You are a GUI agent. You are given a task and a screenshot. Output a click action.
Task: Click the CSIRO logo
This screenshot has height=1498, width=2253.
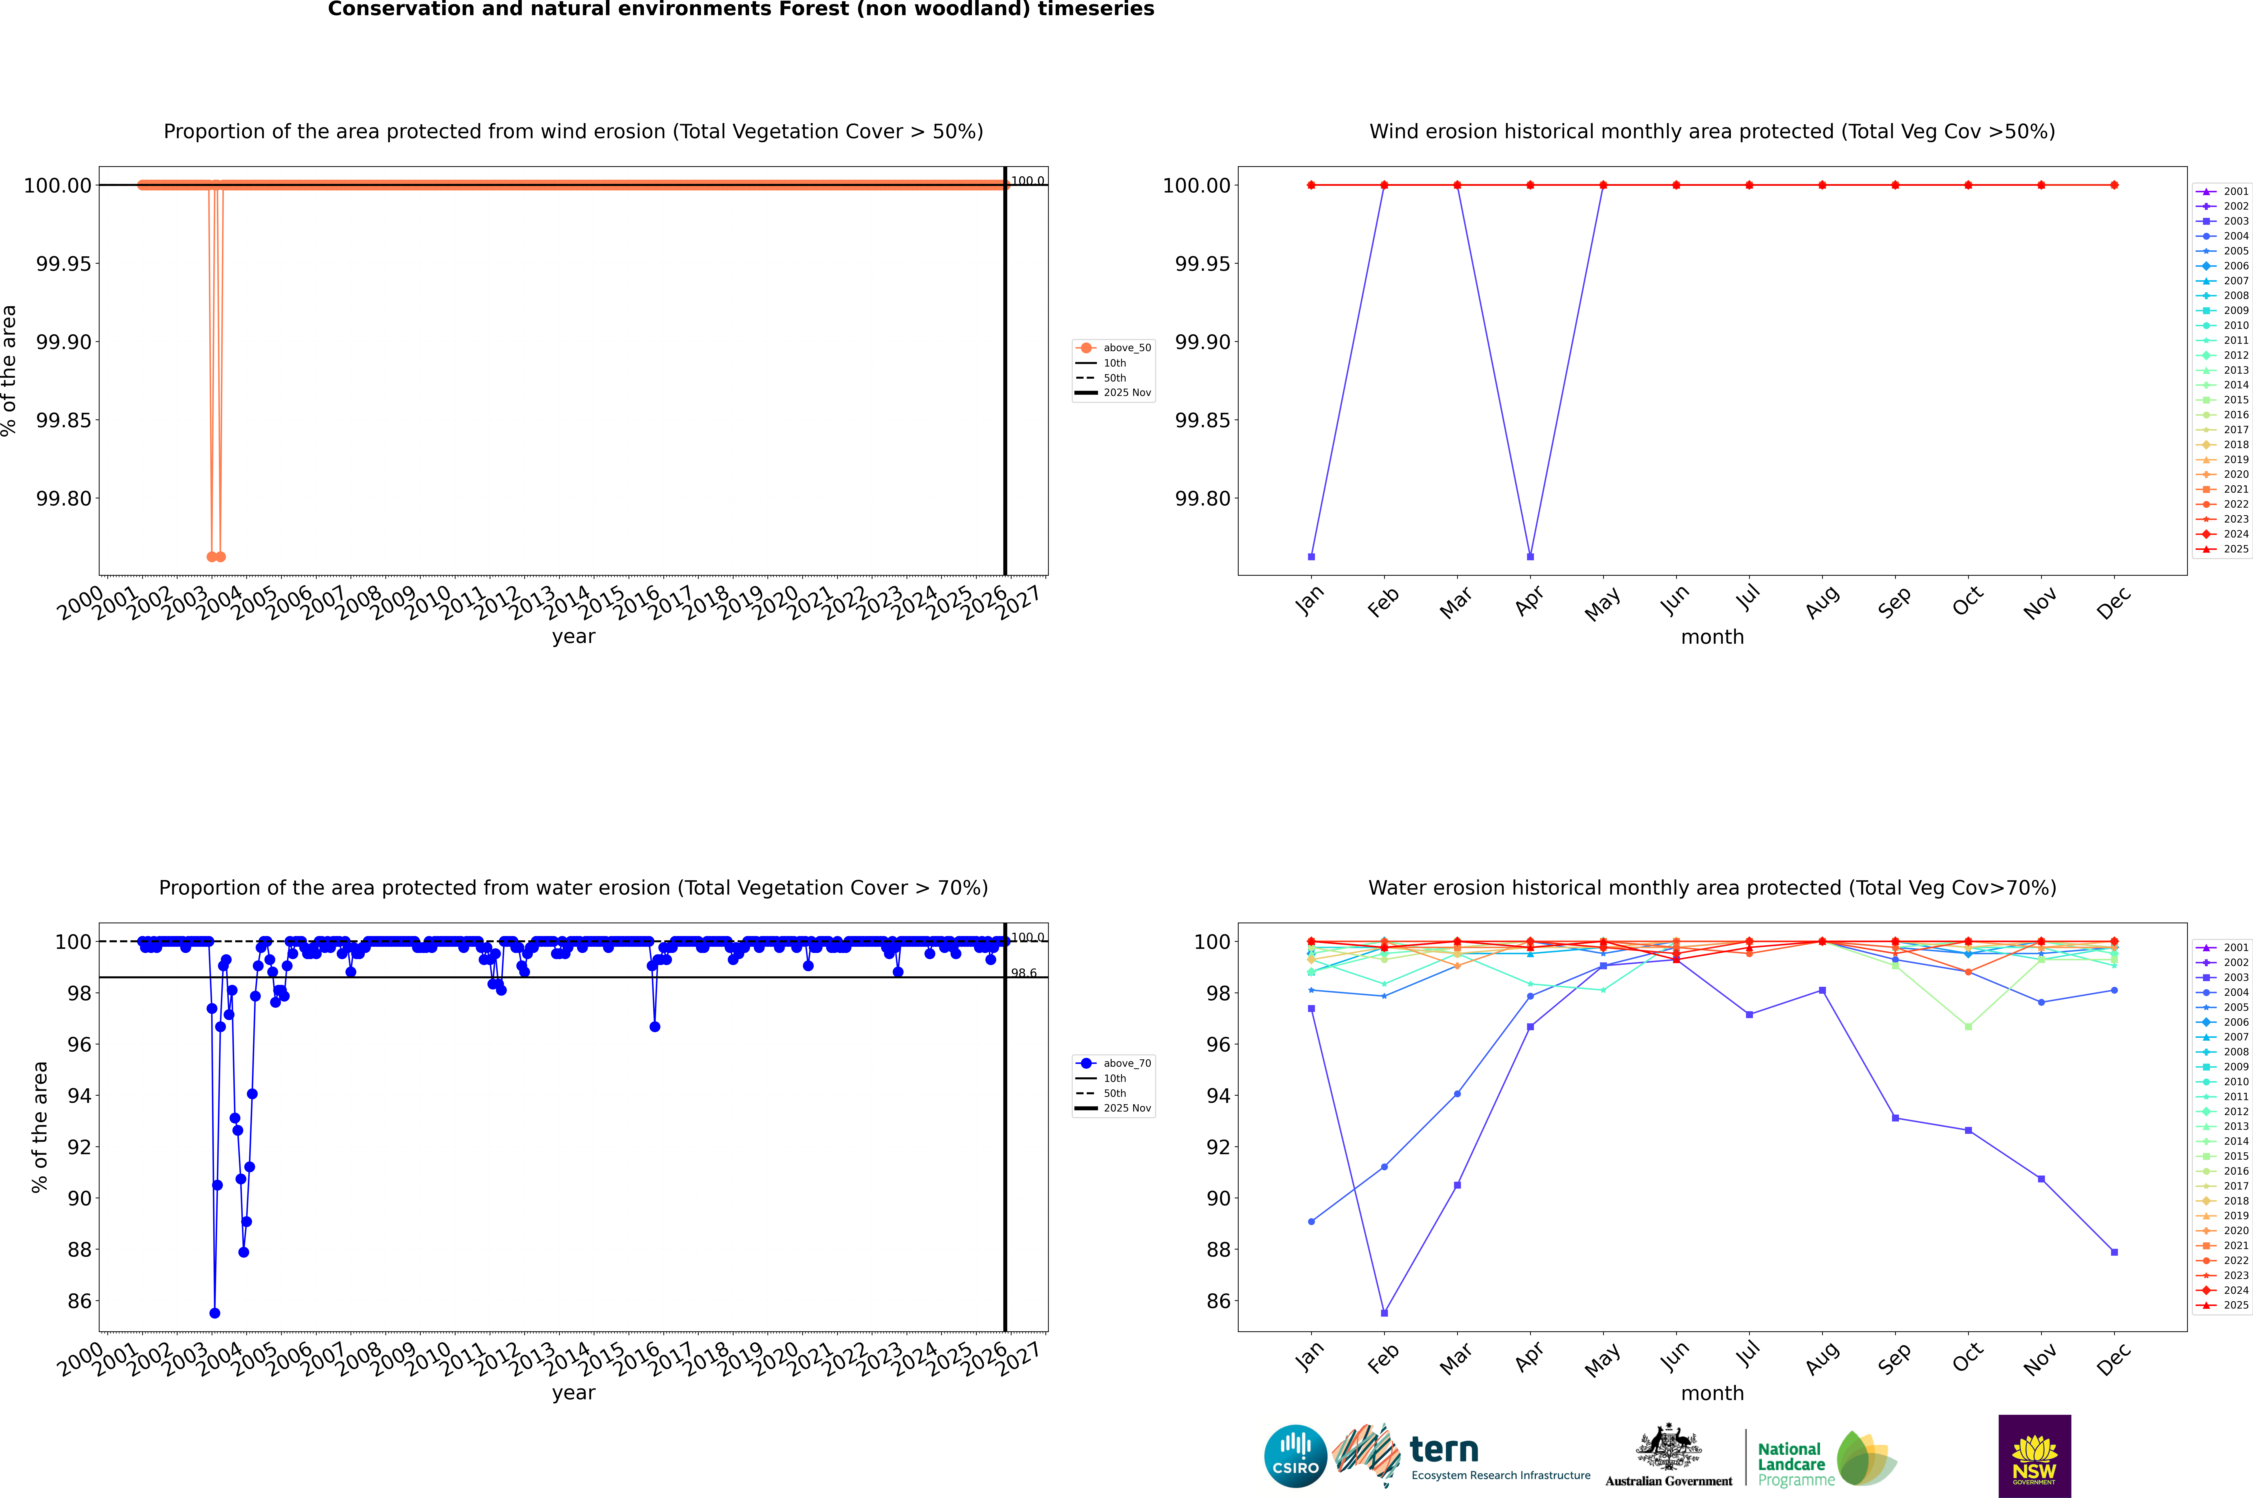(x=1295, y=1456)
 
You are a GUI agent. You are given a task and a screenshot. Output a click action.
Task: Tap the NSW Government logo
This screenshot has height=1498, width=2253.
(x=2034, y=1456)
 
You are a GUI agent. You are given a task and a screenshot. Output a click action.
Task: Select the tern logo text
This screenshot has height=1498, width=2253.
(x=1444, y=1450)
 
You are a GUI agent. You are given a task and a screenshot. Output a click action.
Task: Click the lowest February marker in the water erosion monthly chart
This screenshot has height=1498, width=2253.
(x=1384, y=1313)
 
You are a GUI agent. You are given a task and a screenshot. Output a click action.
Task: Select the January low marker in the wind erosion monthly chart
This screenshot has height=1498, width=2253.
(x=1311, y=556)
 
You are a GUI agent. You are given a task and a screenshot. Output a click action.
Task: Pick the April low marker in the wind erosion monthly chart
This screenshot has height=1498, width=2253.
(x=1530, y=556)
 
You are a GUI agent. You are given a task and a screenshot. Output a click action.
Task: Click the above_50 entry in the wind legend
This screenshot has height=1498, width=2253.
(x=1127, y=348)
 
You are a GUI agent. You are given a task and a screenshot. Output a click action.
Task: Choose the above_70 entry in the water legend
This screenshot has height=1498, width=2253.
(x=1127, y=1063)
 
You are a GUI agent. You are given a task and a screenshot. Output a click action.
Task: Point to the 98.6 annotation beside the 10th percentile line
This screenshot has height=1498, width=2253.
(x=1024, y=974)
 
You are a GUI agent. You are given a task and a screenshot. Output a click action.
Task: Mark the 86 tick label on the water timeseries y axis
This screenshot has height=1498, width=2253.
(x=79, y=1301)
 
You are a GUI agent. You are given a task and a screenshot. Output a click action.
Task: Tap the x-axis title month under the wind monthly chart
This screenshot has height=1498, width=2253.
(x=1711, y=637)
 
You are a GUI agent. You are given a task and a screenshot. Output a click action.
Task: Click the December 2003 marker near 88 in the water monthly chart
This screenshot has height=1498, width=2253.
(x=2114, y=1251)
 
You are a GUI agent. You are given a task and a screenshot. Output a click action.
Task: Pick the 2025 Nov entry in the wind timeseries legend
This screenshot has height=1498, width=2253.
(x=1127, y=393)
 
